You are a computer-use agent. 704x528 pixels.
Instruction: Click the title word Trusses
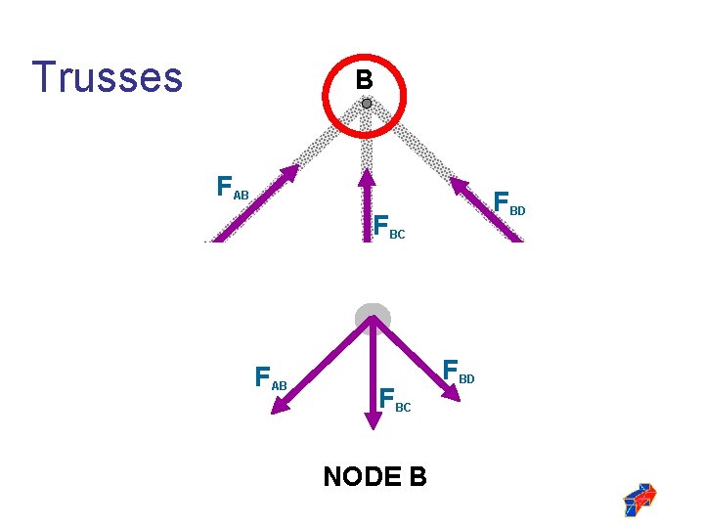(x=107, y=77)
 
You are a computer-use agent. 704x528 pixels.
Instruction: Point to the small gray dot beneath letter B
(x=366, y=103)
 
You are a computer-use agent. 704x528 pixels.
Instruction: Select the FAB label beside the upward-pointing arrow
(x=233, y=187)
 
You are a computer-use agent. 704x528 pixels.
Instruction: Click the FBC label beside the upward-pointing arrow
(x=388, y=226)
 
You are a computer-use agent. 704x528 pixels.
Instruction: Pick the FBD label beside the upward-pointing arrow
(x=509, y=203)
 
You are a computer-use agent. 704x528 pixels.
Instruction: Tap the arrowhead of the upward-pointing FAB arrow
(x=290, y=175)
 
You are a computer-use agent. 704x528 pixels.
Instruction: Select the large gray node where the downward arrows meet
(x=372, y=318)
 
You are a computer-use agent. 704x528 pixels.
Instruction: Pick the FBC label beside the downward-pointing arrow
(x=395, y=400)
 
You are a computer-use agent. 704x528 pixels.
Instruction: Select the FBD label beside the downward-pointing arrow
(x=459, y=371)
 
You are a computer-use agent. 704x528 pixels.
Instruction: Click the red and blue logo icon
(x=639, y=500)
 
